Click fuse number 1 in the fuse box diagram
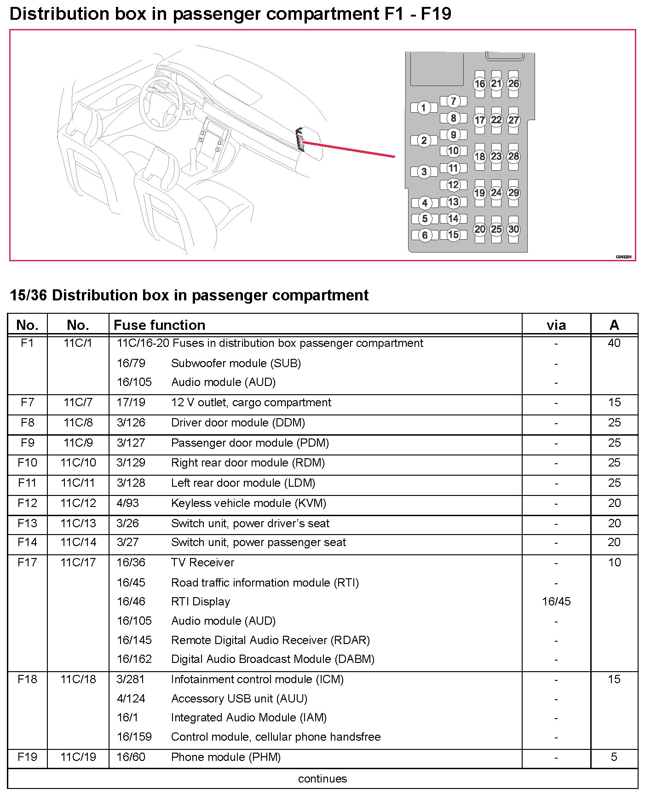424,108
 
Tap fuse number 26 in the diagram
513,84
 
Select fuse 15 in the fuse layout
453,235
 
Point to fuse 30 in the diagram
513,229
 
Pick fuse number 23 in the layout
496,156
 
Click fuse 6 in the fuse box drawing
425,235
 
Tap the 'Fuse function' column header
159,325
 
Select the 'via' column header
556,325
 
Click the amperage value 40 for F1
614,343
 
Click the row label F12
27,503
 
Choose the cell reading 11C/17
78,562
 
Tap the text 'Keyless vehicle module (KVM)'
248,503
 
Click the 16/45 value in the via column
556,601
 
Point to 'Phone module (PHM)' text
225,757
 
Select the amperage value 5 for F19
614,757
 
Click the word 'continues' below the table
322,778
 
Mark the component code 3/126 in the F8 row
131,422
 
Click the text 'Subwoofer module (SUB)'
236,363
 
